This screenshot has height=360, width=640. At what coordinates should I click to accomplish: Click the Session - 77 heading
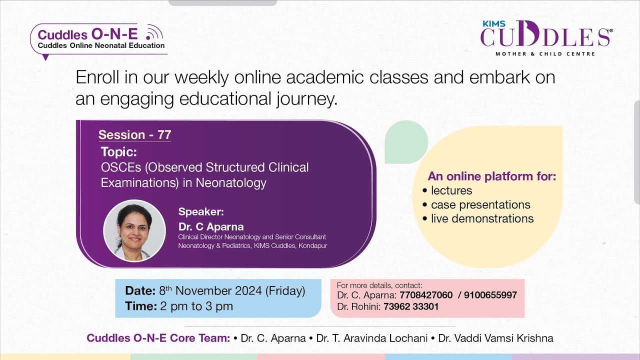tap(134, 135)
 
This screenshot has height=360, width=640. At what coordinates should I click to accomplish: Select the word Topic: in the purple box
tap(118, 151)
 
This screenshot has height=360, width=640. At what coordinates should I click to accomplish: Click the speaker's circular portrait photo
tap(134, 230)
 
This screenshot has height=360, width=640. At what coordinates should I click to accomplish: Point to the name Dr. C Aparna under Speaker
tap(211, 227)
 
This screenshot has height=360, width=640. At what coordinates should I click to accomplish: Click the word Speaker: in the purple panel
tap(201, 211)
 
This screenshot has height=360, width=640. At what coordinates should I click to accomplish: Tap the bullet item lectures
tap(451, 190)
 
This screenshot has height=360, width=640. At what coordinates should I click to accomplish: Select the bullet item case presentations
tap(480, 204)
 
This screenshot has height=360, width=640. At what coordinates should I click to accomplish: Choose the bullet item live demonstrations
tap(482, 218)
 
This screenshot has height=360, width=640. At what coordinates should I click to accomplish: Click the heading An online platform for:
tap(492, 176)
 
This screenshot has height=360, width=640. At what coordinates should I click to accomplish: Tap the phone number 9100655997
tap(490, 295)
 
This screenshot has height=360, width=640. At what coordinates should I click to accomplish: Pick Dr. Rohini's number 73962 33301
tap(411, 306)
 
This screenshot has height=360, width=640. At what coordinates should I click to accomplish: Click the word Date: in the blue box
tap(140, 291)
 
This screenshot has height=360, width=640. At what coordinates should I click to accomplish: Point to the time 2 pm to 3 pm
tap(196, 306)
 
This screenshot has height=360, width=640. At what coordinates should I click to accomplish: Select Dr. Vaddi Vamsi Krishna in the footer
tap(495, 338)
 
